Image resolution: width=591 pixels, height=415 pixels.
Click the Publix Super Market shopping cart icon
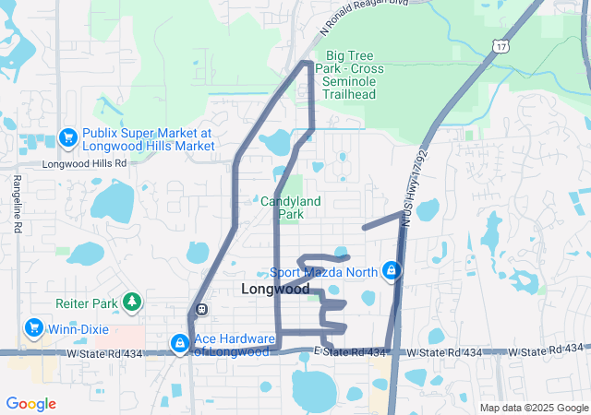67,137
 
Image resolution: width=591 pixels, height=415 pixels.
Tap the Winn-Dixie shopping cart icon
34,327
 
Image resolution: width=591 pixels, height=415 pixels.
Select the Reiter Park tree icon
133,302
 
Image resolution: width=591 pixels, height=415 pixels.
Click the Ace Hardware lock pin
178,343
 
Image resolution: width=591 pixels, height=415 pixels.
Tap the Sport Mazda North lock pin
392,271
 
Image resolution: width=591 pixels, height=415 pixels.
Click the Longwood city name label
275,289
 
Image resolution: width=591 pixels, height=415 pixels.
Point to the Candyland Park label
295,207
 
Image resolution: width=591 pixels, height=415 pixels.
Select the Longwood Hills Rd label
84,163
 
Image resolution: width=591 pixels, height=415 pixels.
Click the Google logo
30,404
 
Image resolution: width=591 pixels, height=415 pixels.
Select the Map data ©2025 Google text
533,408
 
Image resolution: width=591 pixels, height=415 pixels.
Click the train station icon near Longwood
201,309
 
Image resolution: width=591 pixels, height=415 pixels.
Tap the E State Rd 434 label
349,352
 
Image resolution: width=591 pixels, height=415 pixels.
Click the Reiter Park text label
89,302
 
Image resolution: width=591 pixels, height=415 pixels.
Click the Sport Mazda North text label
324,272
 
